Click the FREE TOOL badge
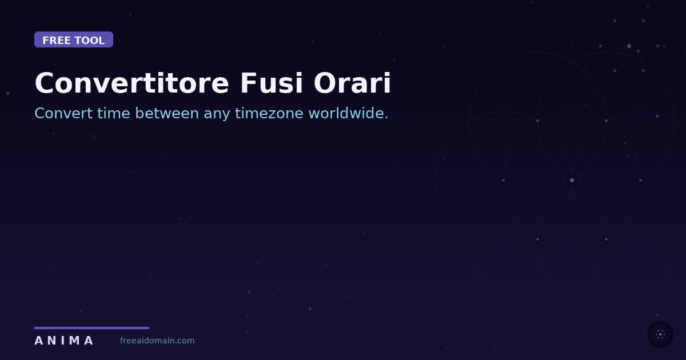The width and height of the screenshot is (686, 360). point(74,40)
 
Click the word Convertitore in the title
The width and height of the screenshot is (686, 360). point(131,83)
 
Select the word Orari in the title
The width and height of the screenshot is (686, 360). point(352,83)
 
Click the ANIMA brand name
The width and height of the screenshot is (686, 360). point(63,341)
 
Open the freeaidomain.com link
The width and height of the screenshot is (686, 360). point(157,341)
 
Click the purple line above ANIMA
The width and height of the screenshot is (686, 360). point(91,328)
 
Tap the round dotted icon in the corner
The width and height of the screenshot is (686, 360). point(660,334)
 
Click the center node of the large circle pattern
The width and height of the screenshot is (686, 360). point(572,180)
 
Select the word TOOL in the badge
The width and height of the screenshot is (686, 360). point(90,41)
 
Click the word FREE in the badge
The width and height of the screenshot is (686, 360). point(55,41)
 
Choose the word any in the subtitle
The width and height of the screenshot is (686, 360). point(217,114)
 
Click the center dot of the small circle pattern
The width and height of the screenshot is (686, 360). point(629,46)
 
